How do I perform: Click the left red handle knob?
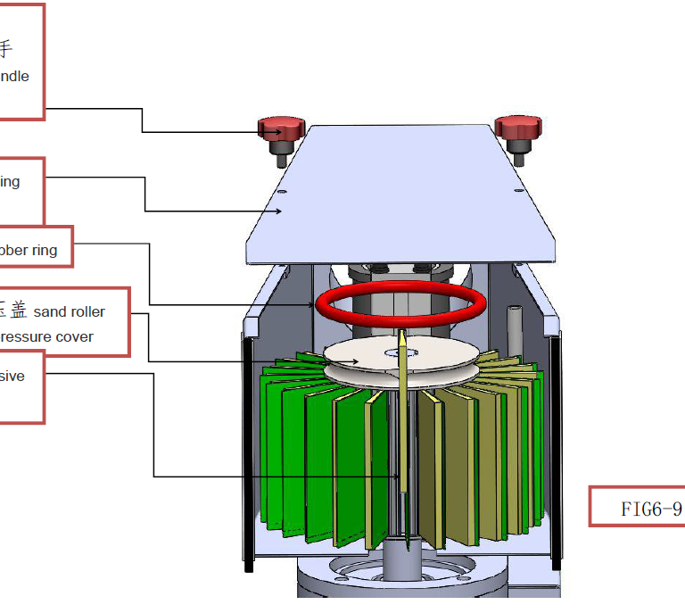pos(277,128)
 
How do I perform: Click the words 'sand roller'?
pos(69,311)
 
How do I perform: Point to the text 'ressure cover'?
pos(46,337)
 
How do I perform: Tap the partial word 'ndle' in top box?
pos(13,77)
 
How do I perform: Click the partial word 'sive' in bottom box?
pos(12,377)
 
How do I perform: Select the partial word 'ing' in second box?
pos(9,182)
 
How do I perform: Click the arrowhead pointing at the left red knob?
pos(279,133)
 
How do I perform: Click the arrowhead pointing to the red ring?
pos(311,305)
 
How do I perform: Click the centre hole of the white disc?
pos(392,353)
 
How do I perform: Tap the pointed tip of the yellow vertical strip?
pos(402,335)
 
